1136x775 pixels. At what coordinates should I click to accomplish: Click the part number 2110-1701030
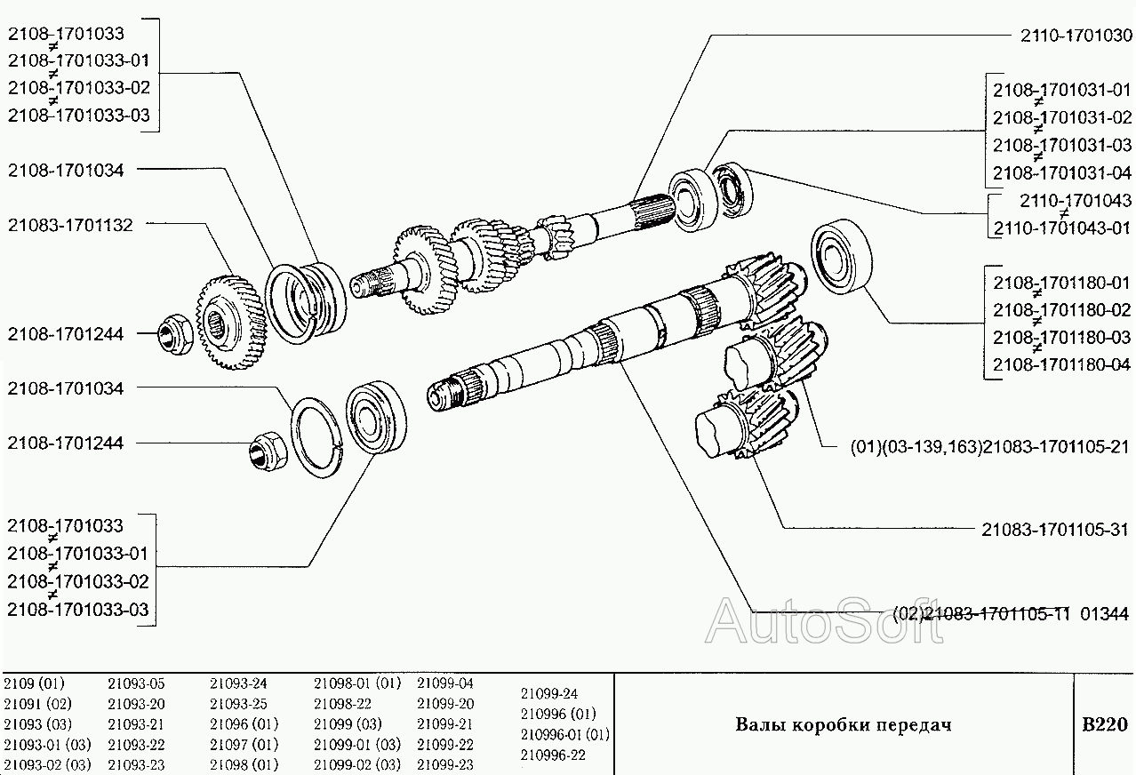1074,36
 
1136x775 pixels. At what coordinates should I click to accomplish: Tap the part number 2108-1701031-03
1061,145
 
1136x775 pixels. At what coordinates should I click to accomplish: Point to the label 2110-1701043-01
1061,228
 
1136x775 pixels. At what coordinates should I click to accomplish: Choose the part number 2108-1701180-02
1061,310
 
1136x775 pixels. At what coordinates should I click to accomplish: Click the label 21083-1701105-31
1056,529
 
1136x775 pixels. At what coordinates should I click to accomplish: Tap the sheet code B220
1104,724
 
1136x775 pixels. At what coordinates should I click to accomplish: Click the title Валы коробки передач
843,724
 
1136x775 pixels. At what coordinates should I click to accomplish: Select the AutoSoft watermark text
823,621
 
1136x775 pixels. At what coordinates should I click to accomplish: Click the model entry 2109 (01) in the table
35,683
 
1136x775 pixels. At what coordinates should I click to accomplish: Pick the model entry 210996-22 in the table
553,755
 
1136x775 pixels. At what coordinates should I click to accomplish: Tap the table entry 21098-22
342,704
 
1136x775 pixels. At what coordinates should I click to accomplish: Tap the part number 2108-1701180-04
1061,364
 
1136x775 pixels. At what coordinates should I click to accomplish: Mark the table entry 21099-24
548,693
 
